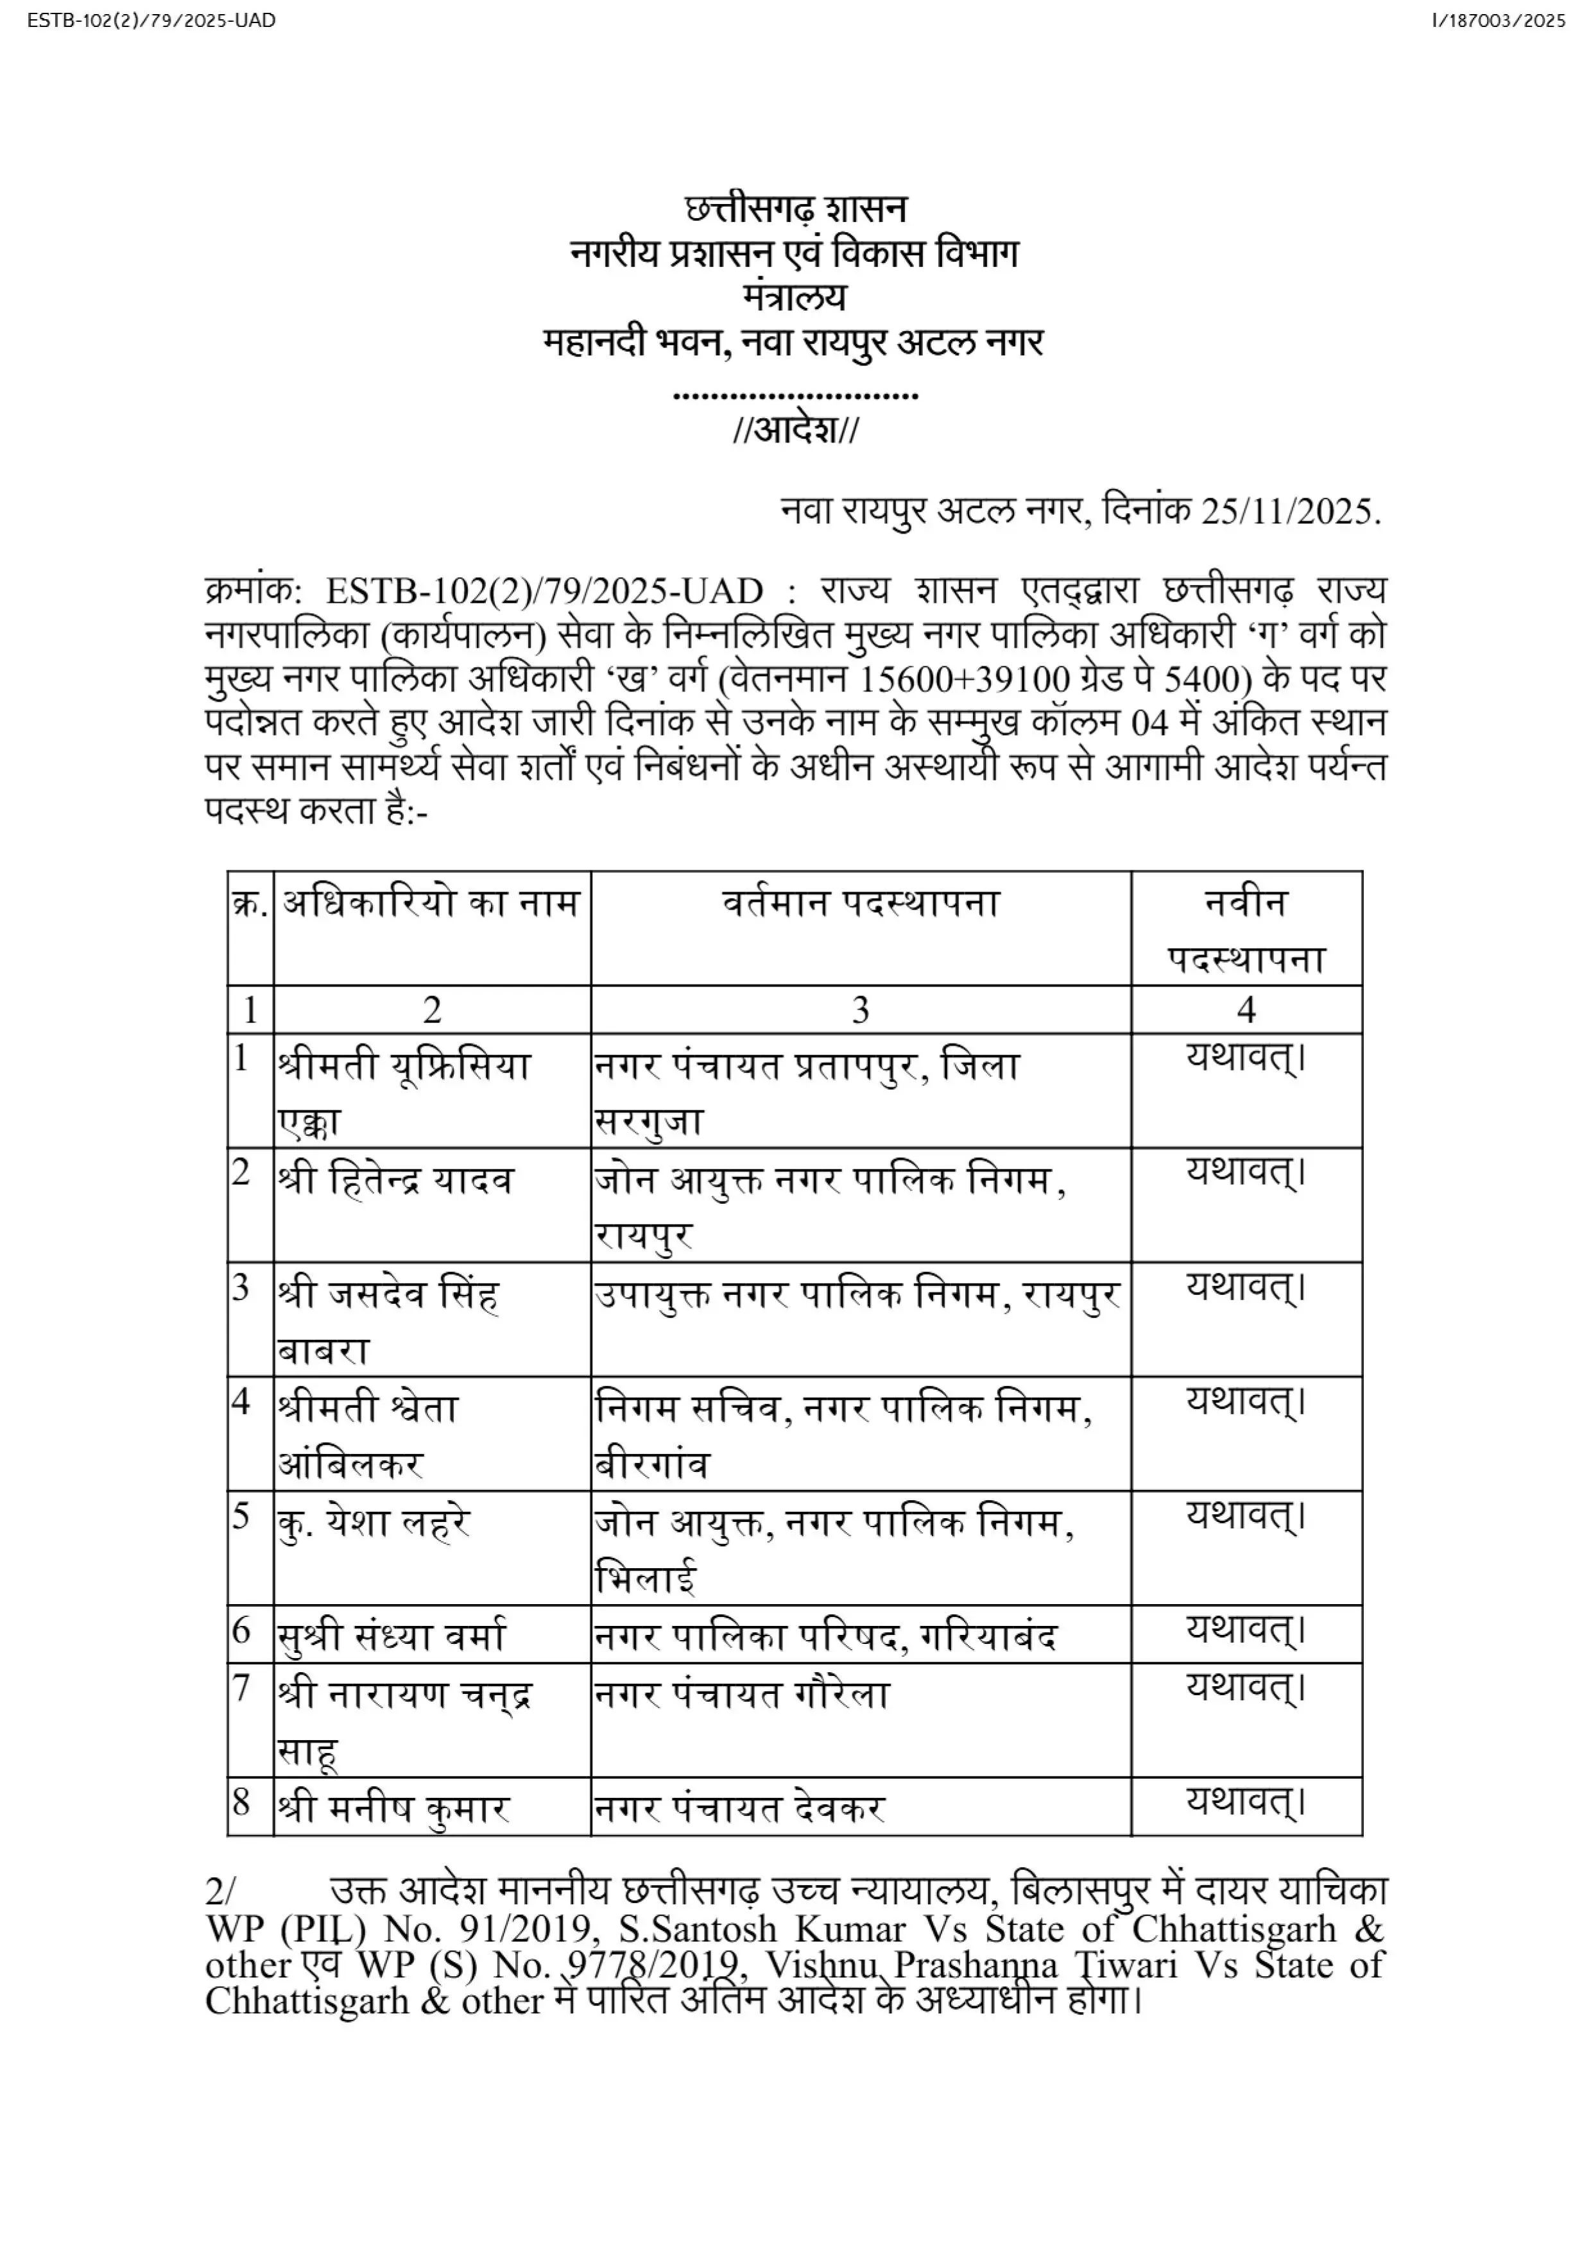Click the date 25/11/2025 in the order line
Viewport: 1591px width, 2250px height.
(1289, 512)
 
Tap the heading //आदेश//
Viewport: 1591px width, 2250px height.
(795, 430)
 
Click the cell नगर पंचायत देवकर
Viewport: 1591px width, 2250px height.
(740, 1808)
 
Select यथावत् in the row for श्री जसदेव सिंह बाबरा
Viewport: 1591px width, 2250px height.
(1246, 1287)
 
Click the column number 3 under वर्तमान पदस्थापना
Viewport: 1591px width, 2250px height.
(861, 1010)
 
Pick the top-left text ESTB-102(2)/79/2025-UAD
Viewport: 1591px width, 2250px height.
(152, 21)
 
